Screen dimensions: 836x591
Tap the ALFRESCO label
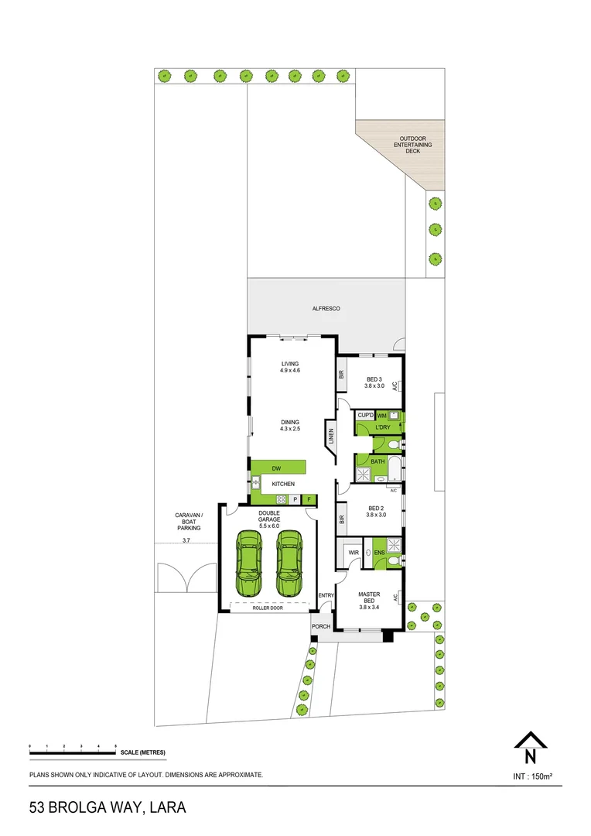[326, 309]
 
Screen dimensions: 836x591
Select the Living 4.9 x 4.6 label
[290, 368]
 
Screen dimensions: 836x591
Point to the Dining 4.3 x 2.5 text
[290, 426]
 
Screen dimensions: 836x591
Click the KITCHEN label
[282, 485]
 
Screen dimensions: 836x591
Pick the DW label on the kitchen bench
[275, 468]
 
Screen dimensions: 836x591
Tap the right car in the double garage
[288, 555]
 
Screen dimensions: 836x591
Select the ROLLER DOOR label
[268, 608]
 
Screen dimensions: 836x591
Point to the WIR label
[354, 553]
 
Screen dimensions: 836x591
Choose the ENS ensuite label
[379, 553]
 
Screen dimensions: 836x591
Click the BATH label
[377, 462]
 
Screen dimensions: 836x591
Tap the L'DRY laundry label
[382, 428]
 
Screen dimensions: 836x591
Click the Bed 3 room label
[374, 382]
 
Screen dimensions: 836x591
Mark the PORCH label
[320, 626]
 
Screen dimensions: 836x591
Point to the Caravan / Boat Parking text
[188, 522]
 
